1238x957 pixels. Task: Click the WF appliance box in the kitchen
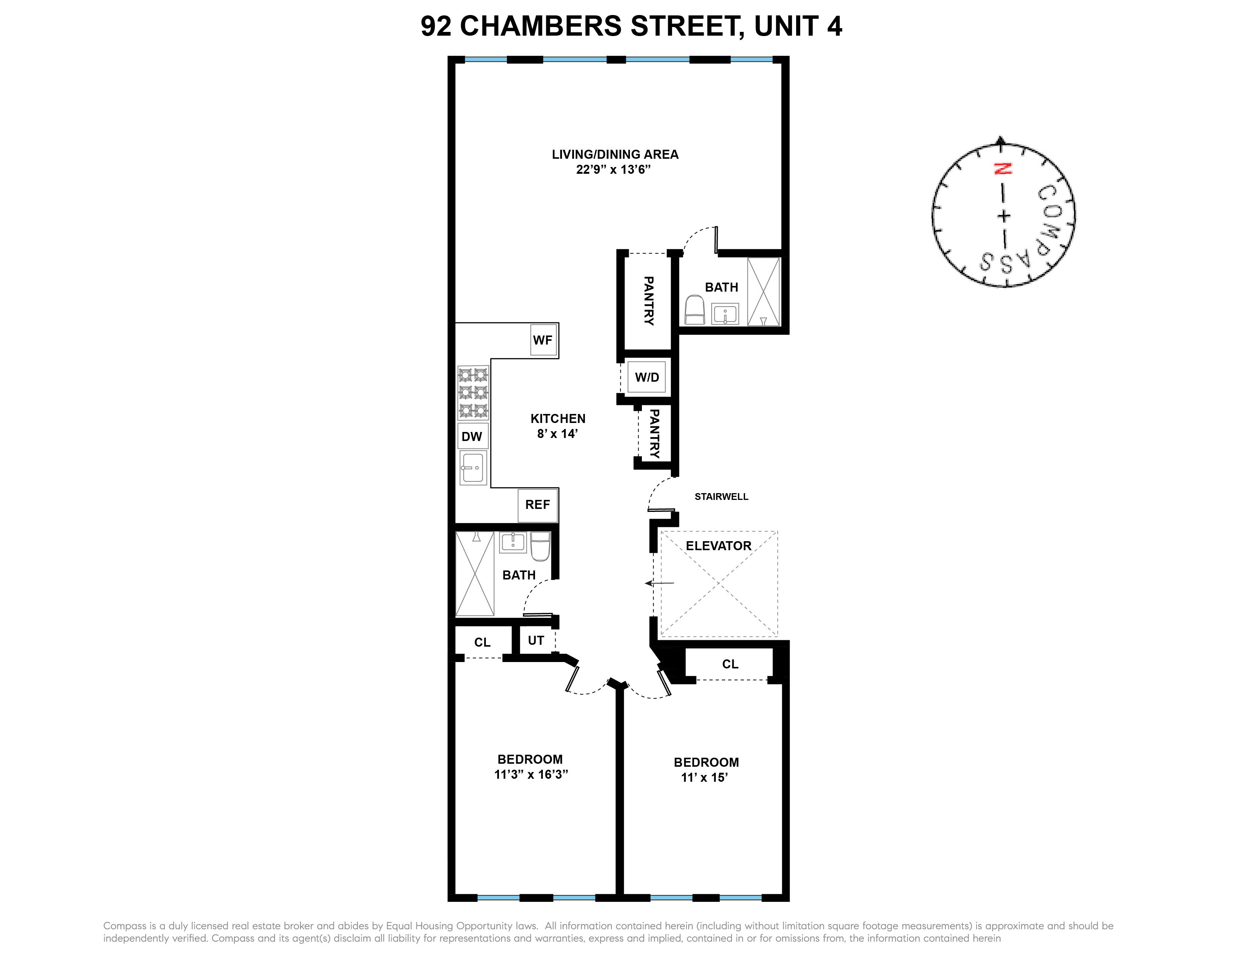(x=543, y=340)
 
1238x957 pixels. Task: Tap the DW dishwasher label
(x=472, y=436)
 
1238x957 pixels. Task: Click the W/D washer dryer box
(x=647, y=378)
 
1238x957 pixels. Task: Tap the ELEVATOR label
(x=718, y=546)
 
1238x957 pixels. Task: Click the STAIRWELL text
(x=721, y=497)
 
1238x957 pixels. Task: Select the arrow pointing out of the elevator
(x=659, y=583)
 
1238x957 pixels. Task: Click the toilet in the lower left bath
(x=540, y=546)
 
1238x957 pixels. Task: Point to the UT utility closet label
(x=536, y=641)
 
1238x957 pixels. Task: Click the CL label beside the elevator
(x=730, y=664)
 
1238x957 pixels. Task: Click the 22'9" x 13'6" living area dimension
(x=613, y=170)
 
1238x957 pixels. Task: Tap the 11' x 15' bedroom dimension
(x=705, y=778)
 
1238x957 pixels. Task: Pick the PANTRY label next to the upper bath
(x=649, y=301)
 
